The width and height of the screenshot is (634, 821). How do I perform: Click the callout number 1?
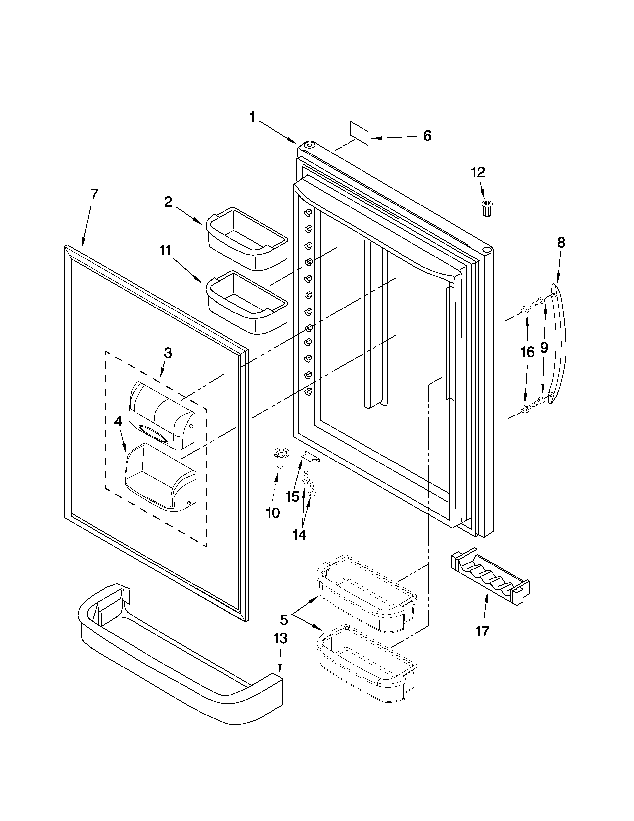pyautogui.click(x=252, y=118)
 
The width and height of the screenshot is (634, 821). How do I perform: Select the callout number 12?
pyautogui.click(x=478, y=173)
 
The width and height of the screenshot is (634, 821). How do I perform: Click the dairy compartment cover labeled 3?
pyautogui.click(x=162, y=415)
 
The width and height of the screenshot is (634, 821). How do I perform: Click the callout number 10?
pyautogui.click(x=273, y=513)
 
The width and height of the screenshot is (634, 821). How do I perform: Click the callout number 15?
pyautogui.click(x=292, y=497)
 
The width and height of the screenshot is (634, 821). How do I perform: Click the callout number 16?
pyautogui.click(x=527, y=352)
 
